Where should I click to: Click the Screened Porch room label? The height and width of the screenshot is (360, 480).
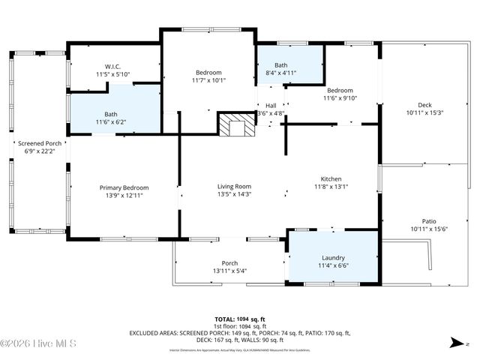[x=40, y=143]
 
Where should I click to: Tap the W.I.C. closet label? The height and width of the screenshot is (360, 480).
[x=112, y=65]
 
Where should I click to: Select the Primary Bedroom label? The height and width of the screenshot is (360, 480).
[x=124, y=187]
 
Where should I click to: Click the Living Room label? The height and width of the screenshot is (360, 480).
[x=234, y=186]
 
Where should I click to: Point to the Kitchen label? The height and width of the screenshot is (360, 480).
[x=331, y=179]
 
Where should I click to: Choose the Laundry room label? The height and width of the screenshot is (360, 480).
[x=332, y=256]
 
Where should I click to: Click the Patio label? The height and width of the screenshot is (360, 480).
[x=428, y=221]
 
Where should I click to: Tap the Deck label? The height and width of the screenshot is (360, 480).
[x=424, y=104]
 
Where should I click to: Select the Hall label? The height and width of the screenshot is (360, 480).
[x=271, y=106]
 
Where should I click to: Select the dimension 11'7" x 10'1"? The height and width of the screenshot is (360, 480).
[x=208, y=80]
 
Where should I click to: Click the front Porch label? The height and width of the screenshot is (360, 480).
[x=229, y=262]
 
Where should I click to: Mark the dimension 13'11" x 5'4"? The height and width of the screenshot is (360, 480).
[x=229, y=271]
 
